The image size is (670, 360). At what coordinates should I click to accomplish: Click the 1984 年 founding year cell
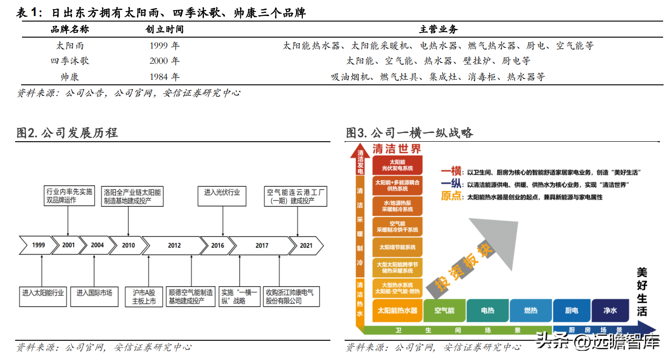click(164, 77)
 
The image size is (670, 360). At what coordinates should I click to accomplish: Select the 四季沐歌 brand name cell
click(70, 61)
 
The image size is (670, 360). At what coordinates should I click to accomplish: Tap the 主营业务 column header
click(438, 30)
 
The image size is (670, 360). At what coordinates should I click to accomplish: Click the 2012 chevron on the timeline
click(174, 245)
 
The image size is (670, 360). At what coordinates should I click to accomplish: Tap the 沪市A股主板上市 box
click(144, 297)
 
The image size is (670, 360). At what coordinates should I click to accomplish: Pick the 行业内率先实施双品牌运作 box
click(68, 196)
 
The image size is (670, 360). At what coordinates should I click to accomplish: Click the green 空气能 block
click(445, 310)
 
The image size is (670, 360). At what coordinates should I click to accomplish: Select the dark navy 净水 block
click(610, 310)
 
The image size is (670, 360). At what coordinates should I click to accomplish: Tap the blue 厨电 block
click(571, 310)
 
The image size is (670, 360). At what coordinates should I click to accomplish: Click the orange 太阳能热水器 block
click(397, 310)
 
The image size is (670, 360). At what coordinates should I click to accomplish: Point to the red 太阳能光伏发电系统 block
click(397, 165)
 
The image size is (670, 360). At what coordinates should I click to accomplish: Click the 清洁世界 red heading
click(396, 149)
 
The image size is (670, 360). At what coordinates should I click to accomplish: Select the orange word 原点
click(451, 196)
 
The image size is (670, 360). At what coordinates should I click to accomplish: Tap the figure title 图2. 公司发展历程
click(67, 133)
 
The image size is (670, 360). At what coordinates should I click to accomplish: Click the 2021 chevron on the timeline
click(306, 245)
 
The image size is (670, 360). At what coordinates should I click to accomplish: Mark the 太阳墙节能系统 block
click(397, 247)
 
